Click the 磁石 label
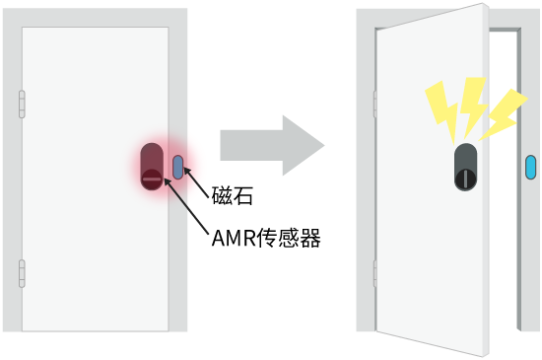tap(234, 196)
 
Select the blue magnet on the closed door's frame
tap(177, 167)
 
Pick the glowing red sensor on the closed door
tap(153, 165)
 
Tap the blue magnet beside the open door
tap(530, 168)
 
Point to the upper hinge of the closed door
tap(22, 105)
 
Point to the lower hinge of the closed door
tap(22, 272)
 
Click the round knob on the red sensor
tap(151, 179)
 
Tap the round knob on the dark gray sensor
tap(465, 179)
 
